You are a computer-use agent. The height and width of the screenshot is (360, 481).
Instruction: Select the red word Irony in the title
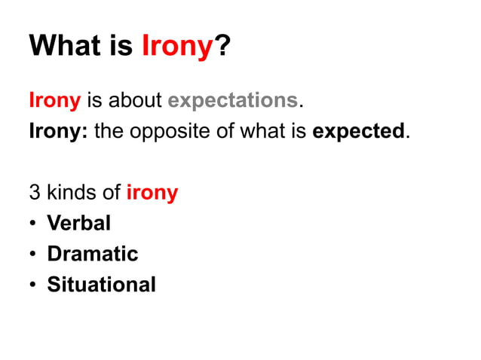coord(175,47)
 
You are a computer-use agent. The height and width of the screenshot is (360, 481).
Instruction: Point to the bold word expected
coord(359,131)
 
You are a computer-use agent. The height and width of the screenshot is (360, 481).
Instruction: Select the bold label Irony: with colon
coord(58,131)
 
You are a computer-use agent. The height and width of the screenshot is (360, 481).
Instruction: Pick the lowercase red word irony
coord(152,193)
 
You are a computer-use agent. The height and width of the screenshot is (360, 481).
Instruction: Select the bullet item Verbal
coord(78,223)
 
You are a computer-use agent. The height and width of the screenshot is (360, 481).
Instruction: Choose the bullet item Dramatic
coord(92,254)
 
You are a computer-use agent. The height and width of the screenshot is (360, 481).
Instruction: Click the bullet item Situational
coord(101,285)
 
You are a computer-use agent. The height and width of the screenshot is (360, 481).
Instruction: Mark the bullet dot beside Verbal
coord(34,224)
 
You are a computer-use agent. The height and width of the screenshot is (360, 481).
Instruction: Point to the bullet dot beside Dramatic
coord(34,255)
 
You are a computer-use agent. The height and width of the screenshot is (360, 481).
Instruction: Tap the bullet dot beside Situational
coord(34,285)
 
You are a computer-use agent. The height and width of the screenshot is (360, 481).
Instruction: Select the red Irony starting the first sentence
coord(54,99)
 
